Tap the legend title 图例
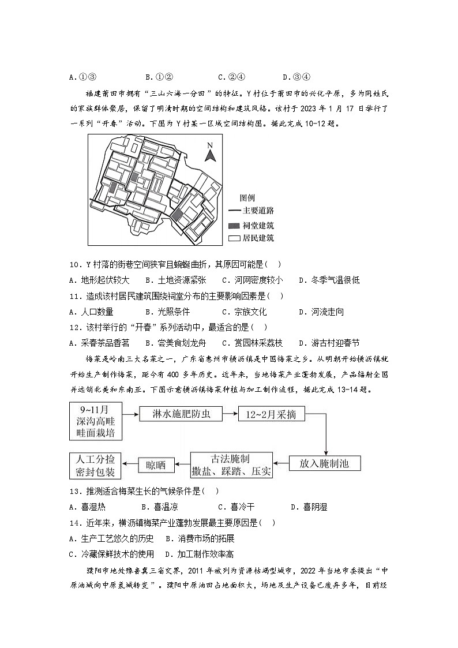click(247, 197)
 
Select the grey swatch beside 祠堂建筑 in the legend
click(234, 224)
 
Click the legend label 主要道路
click(258, 211)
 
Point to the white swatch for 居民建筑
click(234, 238)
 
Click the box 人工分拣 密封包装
click(95, 465)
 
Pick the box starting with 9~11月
click(95, 421)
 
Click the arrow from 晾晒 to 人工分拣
click(130, 463)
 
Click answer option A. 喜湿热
click(87, 507)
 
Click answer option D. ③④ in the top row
click(297, 77)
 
